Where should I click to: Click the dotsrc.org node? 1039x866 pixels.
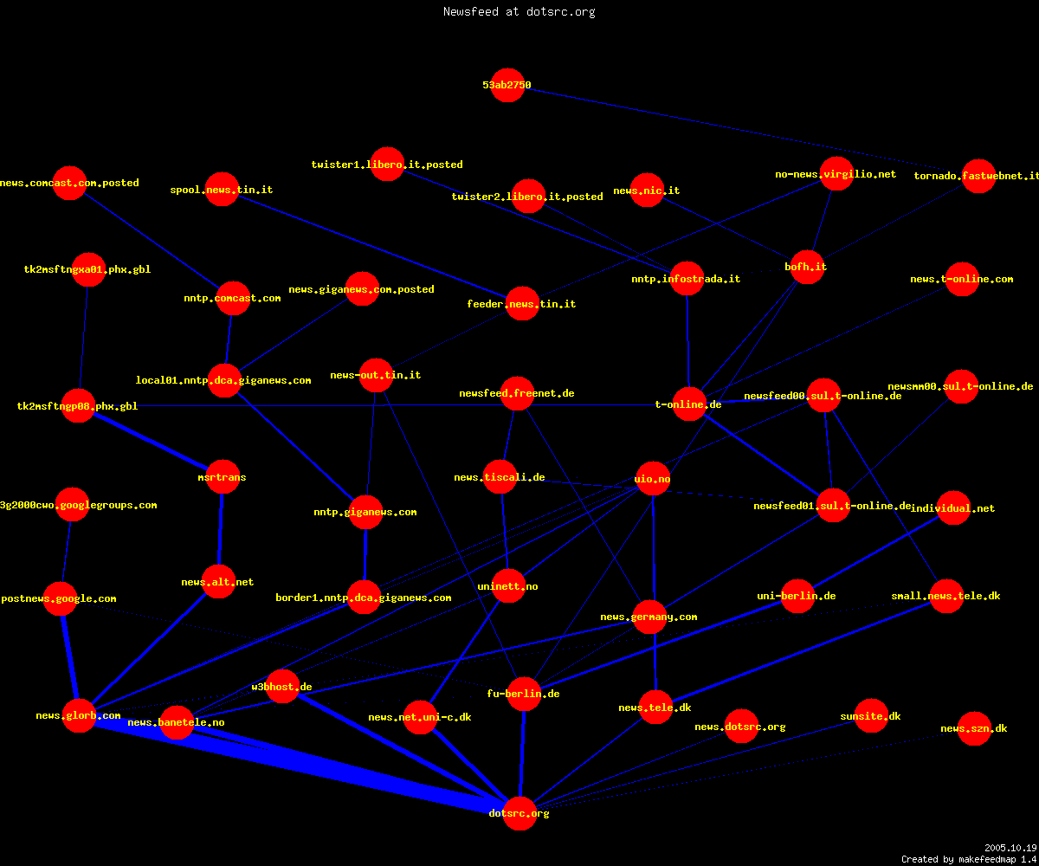pos(519,813)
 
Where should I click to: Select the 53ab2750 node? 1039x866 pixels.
pos(507,85)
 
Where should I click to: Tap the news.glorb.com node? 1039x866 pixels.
pos(79,715)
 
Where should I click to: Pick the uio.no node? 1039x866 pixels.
pos(652,479)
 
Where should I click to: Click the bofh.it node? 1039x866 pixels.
pos(807,267)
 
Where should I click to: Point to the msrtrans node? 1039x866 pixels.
pos(223,477)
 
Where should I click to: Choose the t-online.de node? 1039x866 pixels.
pos(688,404)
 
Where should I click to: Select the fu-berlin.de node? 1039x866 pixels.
pos(524,694)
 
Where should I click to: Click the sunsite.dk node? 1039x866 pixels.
pos(871,715)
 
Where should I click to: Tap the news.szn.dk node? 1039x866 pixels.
pos(974,728)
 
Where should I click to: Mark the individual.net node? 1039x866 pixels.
pos(953,508)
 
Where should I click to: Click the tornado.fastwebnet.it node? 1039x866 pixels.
pos(978,176)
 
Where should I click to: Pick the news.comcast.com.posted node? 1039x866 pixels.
pos(69,183)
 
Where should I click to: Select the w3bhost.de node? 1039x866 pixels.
pos(282,687)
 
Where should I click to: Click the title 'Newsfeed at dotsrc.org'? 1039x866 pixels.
pos(519,11)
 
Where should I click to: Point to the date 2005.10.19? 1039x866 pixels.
pos(1010,848)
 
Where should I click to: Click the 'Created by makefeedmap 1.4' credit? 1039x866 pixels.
pos(969,859)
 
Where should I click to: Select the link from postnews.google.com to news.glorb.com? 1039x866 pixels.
pos(69,657)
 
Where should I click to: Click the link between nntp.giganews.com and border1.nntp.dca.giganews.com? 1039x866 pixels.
pos(365,554)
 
